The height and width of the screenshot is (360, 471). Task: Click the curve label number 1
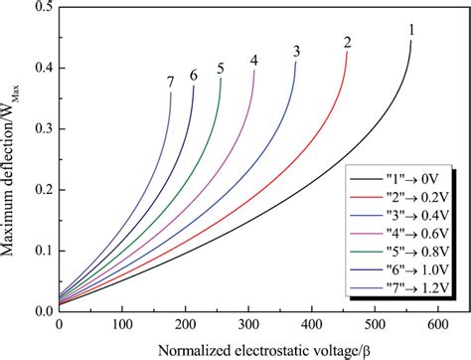click(411, 30)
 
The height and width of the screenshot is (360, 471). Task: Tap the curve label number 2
click(348, 43)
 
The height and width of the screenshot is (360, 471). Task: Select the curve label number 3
click(296, 52)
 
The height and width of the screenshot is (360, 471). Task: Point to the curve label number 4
click(254, 61)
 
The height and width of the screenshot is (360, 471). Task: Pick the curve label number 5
click(220, 69)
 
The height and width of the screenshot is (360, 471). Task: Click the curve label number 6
click(194, 76)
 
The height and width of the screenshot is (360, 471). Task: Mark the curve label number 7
click(171, 82)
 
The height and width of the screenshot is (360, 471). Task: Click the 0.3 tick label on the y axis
click(43, 129)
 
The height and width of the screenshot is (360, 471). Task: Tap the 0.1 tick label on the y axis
click(43, 250)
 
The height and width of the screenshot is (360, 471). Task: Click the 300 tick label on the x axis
click(248, 324)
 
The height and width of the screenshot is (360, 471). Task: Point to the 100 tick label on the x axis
click(122, 324)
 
